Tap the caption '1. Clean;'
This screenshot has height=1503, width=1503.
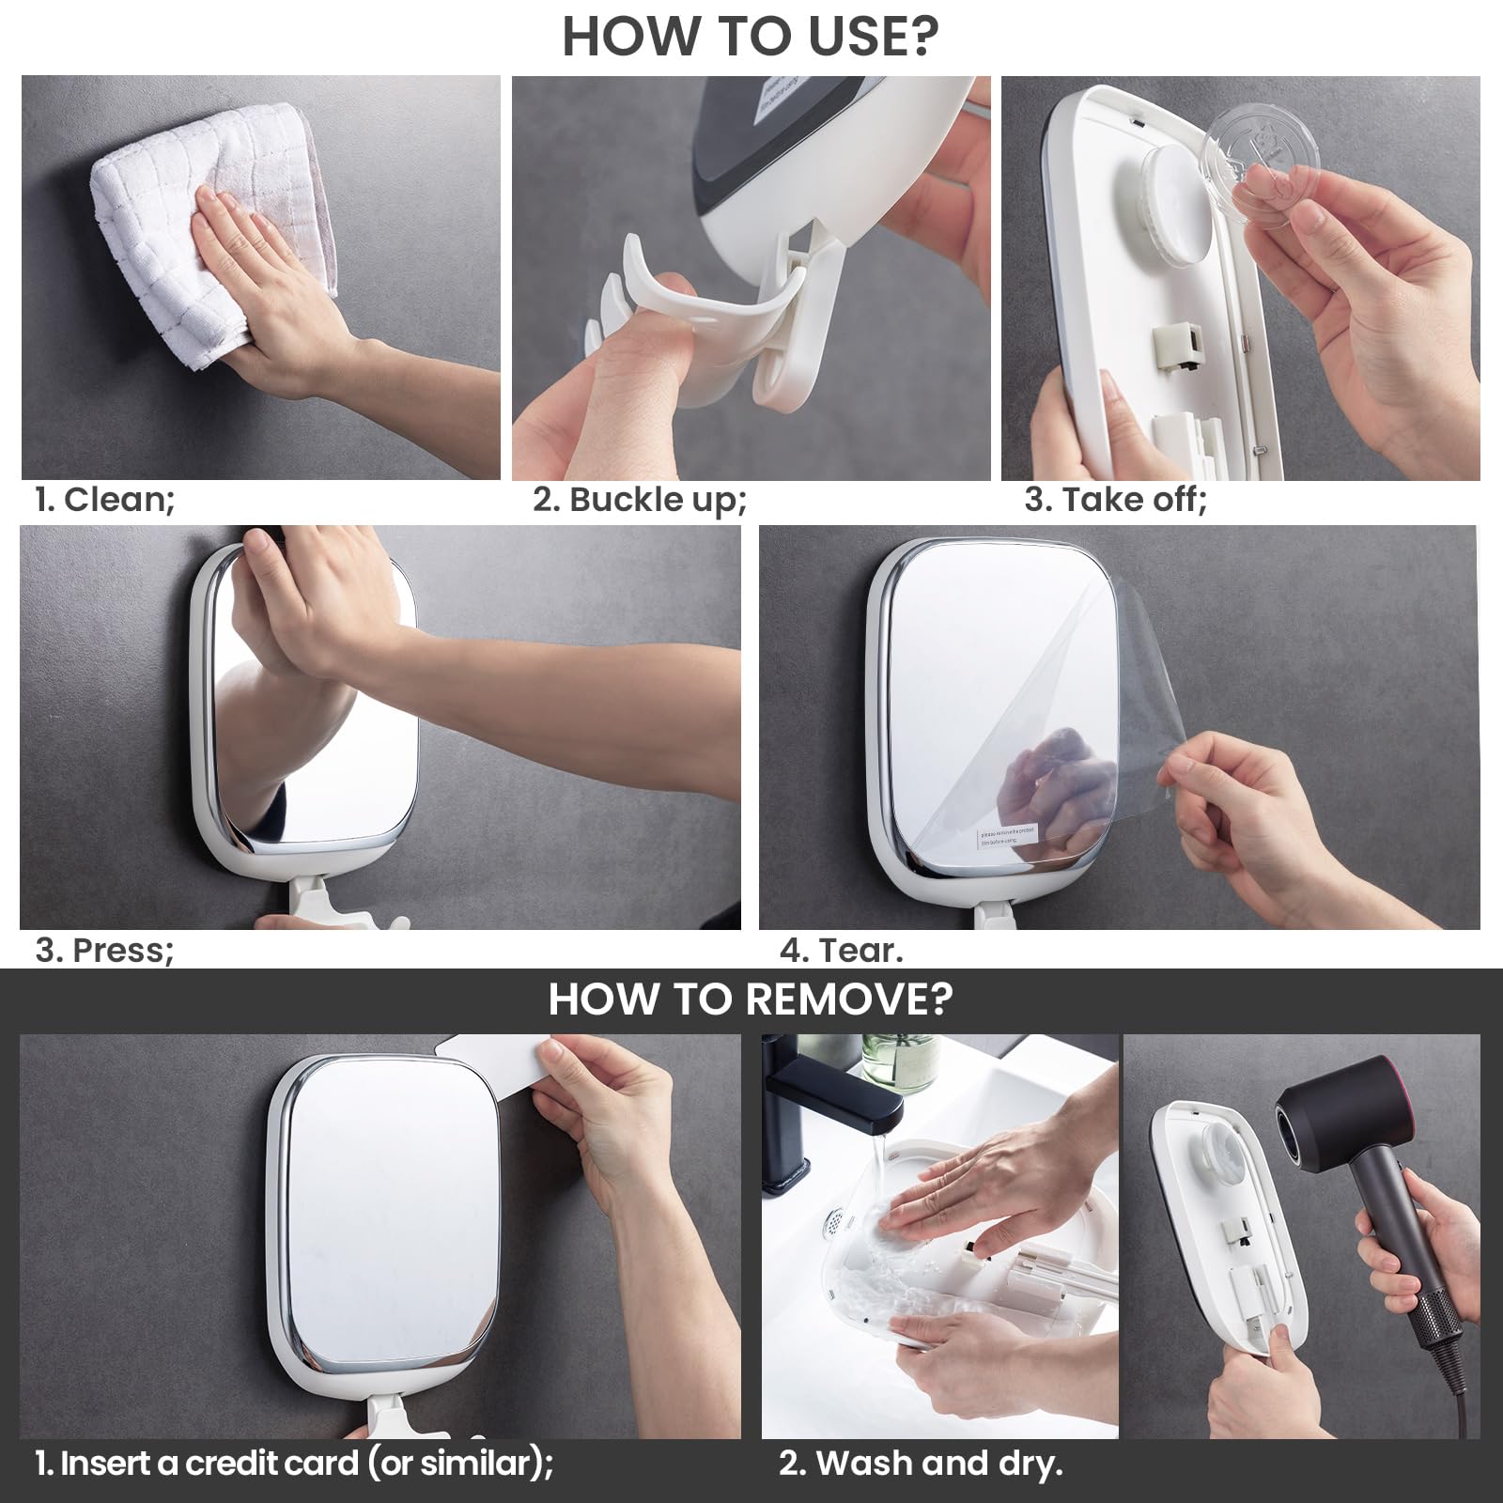coord(104,499)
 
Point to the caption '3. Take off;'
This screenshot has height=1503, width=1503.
coord(1115,499)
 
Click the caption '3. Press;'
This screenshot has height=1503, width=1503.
coord(104,950)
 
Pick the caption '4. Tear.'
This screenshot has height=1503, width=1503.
coord(841,950)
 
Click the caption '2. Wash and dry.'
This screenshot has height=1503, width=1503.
coord(920,1463)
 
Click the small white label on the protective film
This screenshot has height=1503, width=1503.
coord(1006,836)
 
